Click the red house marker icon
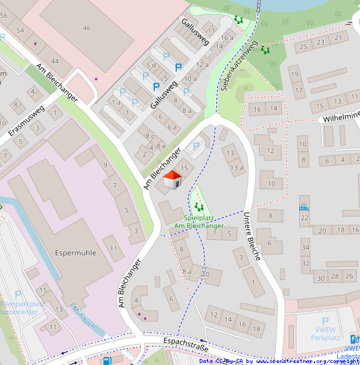coord(172,179)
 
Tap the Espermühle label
coord(75,253)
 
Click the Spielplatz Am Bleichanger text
coord(199,221)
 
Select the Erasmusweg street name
coord(26,122)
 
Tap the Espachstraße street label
coord(186,346)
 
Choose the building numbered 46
coord(86,27)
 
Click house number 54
coord(20,31)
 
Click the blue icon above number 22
coord(305,206)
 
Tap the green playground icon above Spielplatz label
coord(198,207)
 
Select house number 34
coord(305,248)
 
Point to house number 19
coord(295,76)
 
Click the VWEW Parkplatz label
coord(326,333)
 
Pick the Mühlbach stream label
coord(85,318)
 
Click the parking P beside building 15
coord(196,146)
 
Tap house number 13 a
coord(237,167)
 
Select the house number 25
coord(304,46)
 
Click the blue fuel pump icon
coord(106,360)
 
